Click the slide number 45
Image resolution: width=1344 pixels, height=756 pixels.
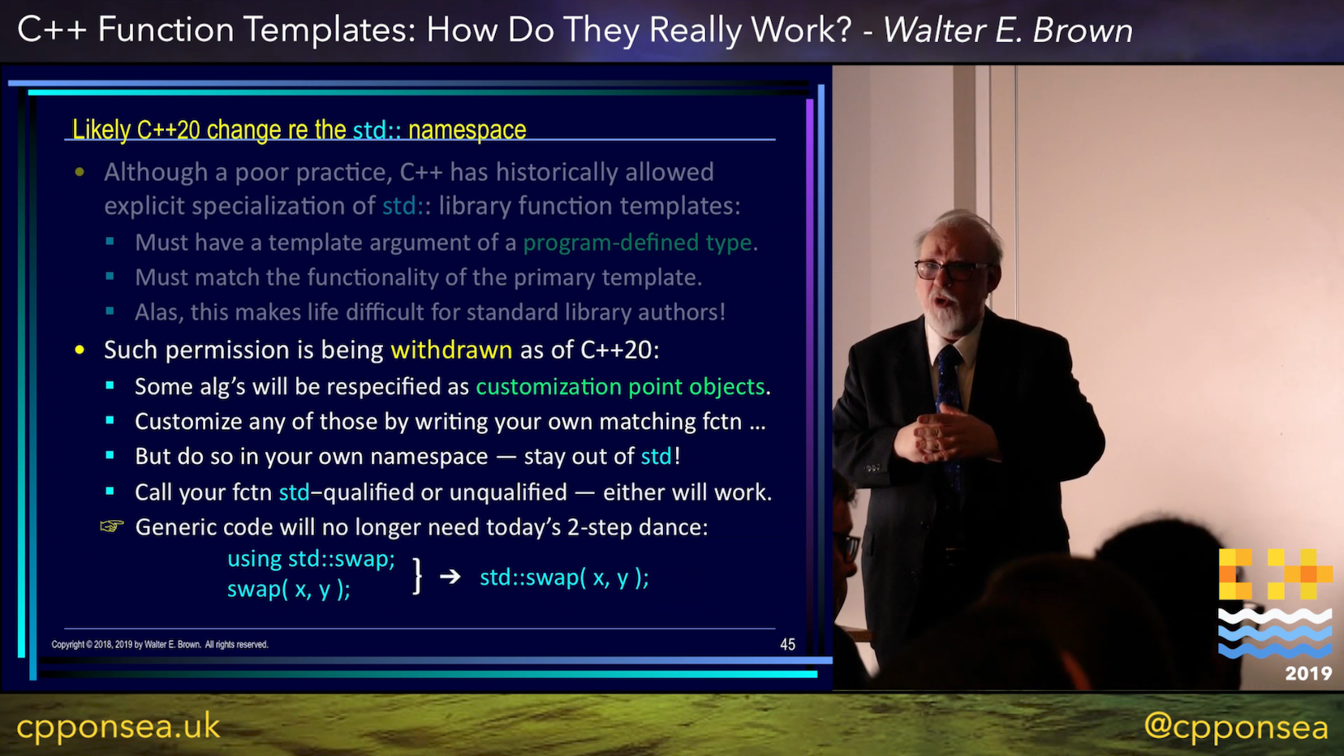(x=787, y=645)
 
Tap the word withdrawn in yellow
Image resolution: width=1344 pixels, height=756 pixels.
(x=451, y=350)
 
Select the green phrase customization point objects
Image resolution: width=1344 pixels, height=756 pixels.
(x=620, y=387)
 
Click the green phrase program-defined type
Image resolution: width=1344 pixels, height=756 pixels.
(x=637, y=243)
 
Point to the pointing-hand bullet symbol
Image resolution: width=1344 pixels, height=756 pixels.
(x=112, y=526)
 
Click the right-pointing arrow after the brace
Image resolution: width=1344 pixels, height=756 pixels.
(x=450, y=577)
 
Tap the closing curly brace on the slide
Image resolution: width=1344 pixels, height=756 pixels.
(x=417, y=576)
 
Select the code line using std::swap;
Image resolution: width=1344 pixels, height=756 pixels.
(x=311, y=559)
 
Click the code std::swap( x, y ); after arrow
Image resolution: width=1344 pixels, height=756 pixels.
(x=564, y=578)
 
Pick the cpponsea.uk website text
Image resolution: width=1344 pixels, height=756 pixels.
(x=118, y=726)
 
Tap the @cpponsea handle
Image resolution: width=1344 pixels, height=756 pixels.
(x=1236, y=727)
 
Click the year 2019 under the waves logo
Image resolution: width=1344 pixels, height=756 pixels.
(x=1308, y=674)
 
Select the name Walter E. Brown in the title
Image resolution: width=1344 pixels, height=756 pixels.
(x=1008, y=29)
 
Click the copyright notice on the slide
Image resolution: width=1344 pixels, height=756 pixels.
(x=160, y=645)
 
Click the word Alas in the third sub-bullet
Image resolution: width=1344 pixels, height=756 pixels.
(x=157, y=312)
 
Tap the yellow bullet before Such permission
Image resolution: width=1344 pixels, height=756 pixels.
(x=80, y=350)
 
